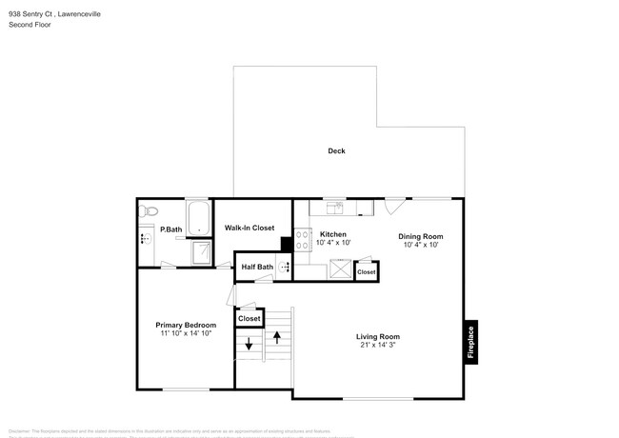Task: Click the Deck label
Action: [x=336, y=151]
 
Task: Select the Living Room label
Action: [x=378, y=336]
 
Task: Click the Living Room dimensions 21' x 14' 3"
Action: [x=378, y=346]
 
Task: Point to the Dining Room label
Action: [x=420, y=236]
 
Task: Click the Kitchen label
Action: [x=332, y=234]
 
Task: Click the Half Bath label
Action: [x=257, y=268]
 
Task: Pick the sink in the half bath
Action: [x=284, y=268]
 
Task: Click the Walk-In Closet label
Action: [x=250, y=229]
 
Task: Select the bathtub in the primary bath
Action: [x=199, y=218]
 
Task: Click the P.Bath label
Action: [x=171, y=229]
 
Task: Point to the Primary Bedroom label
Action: [x=186, y=325]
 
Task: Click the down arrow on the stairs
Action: [x=250, y=344]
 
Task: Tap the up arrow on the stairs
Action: [x=277, y=336]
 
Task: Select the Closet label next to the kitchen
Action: [x=367, y=273]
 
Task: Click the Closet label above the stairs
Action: [x=250, y=319]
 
